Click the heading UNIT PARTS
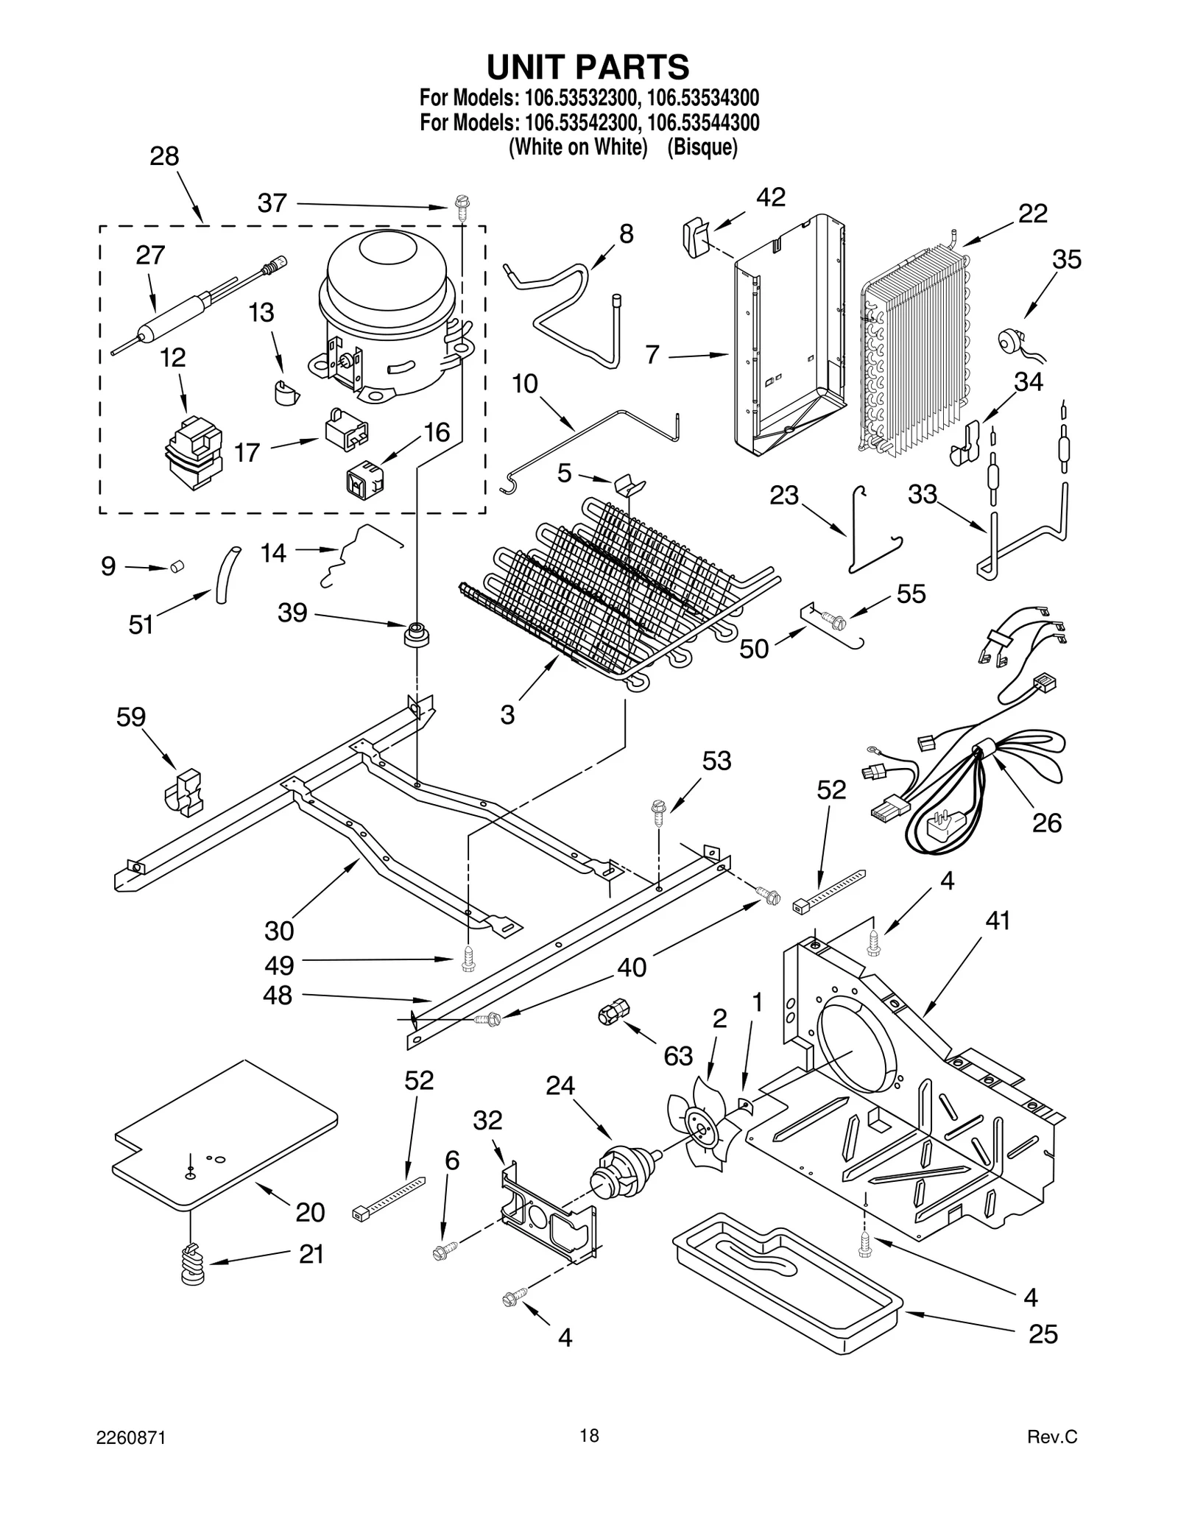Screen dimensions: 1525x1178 coord(588,67)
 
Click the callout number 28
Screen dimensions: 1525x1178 coord(164,156)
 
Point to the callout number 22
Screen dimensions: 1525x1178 coord(1032,214)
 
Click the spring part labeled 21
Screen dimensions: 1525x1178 coord(193,1264)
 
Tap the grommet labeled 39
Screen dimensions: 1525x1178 coord(417,633)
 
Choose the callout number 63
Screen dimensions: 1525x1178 coord(678,1056)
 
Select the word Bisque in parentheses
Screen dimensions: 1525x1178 coord(702,147)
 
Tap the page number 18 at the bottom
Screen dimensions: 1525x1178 coord(588,1434)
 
